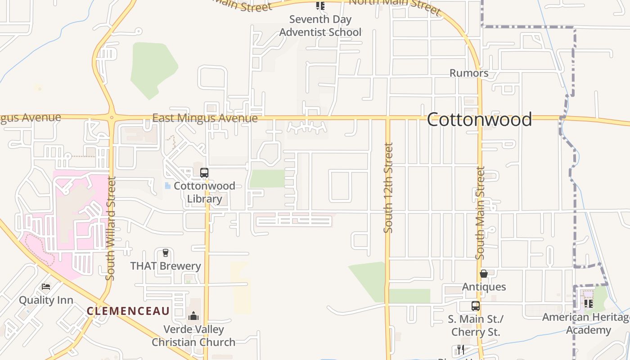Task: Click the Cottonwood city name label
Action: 479,120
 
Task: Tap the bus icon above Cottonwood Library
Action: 204,173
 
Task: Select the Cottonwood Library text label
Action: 204,192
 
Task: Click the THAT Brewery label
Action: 166,266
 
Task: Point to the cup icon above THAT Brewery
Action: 165,253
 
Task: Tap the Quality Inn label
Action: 46,300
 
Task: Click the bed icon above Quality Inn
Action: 46,287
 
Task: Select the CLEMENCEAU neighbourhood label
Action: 128,311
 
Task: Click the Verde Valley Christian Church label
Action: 193,336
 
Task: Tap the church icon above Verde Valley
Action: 193,316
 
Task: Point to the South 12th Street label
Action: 388,188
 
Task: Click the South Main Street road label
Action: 481,213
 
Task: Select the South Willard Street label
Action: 111,228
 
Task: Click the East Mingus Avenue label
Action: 205,118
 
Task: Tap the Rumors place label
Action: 469,73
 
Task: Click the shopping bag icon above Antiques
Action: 484,274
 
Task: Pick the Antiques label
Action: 484,287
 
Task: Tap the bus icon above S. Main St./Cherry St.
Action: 476,306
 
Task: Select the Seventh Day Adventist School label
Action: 320,26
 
